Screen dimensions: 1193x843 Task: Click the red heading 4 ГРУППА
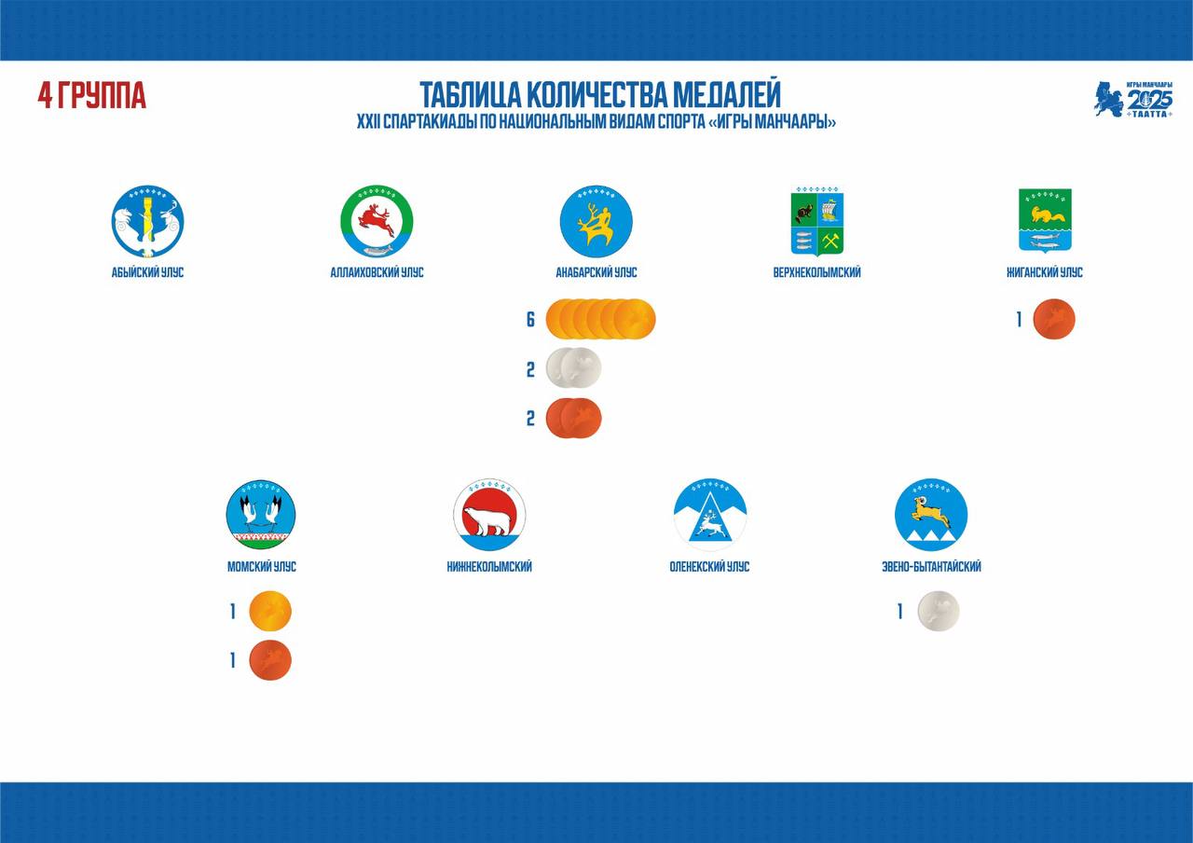click(x=91, y=96)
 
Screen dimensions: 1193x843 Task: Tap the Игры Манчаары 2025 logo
click(x=1133, y=99)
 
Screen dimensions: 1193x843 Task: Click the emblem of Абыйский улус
click(x=147, y=221)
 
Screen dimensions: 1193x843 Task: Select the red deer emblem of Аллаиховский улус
click(x=377, y=221)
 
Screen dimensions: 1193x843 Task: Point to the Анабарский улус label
click(x=596, y=273)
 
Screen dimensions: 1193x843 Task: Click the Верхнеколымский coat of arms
click(x=817, y=221)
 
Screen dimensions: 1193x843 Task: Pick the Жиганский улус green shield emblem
click(x=1045, y=221)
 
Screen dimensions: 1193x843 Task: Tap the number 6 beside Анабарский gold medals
click(x=530, y=319)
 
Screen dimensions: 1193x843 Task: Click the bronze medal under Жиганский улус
click(x=1054, y=319)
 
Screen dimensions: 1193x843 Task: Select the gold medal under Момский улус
click(x=270, y=611)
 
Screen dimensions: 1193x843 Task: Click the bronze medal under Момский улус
click(x=270, y=660)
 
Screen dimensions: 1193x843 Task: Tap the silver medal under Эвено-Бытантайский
click(x=939, y=611)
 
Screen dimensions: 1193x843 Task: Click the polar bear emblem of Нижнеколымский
click(x=489, y=515)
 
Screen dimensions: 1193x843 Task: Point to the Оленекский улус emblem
click(x=710, y=515)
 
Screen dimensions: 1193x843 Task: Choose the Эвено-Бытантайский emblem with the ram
click(x=931, y=515)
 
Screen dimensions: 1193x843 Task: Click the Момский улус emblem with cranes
click(x=261, y=515)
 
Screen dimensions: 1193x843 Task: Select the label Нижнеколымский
click(x=489, y=567)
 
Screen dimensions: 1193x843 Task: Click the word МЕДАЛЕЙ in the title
click(x=726, y=95)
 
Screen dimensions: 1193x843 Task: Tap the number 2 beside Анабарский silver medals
click(x=530, y=369)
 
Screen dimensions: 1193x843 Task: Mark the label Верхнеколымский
click(x=817, y=273)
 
